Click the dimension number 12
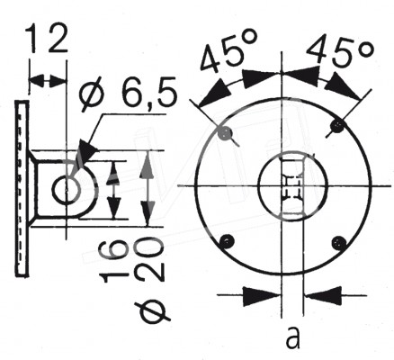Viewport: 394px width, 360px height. (x=47, y=38)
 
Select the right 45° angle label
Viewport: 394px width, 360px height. (x=341, y=51)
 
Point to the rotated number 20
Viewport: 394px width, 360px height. (x=149, y=258)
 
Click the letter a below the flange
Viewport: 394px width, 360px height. (x=293, y=337)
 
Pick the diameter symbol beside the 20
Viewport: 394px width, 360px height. (x=150, y=312)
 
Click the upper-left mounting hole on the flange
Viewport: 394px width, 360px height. (x=226, y=132)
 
